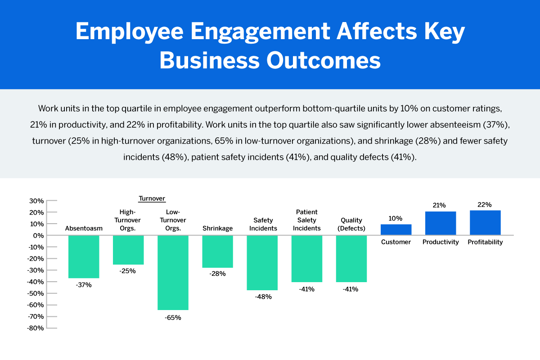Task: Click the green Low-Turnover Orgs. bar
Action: (173, 272)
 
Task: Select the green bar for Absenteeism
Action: (84, 256)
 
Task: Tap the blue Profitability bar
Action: (485, 222)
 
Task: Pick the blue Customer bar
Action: (396, 229)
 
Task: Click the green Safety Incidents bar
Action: (262, 263)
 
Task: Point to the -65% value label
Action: (173, 318)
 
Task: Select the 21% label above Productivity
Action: (439, 205)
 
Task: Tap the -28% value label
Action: (218, 274)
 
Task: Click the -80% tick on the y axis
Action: (36, 328)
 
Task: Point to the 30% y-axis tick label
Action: (36, 201)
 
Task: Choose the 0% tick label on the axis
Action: (38, 235)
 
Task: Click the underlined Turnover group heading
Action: (152, 198)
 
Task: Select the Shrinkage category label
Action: (218, 228)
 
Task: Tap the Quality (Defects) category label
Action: (351, 224)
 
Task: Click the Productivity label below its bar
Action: (441, 242)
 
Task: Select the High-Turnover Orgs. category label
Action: (128, 220)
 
